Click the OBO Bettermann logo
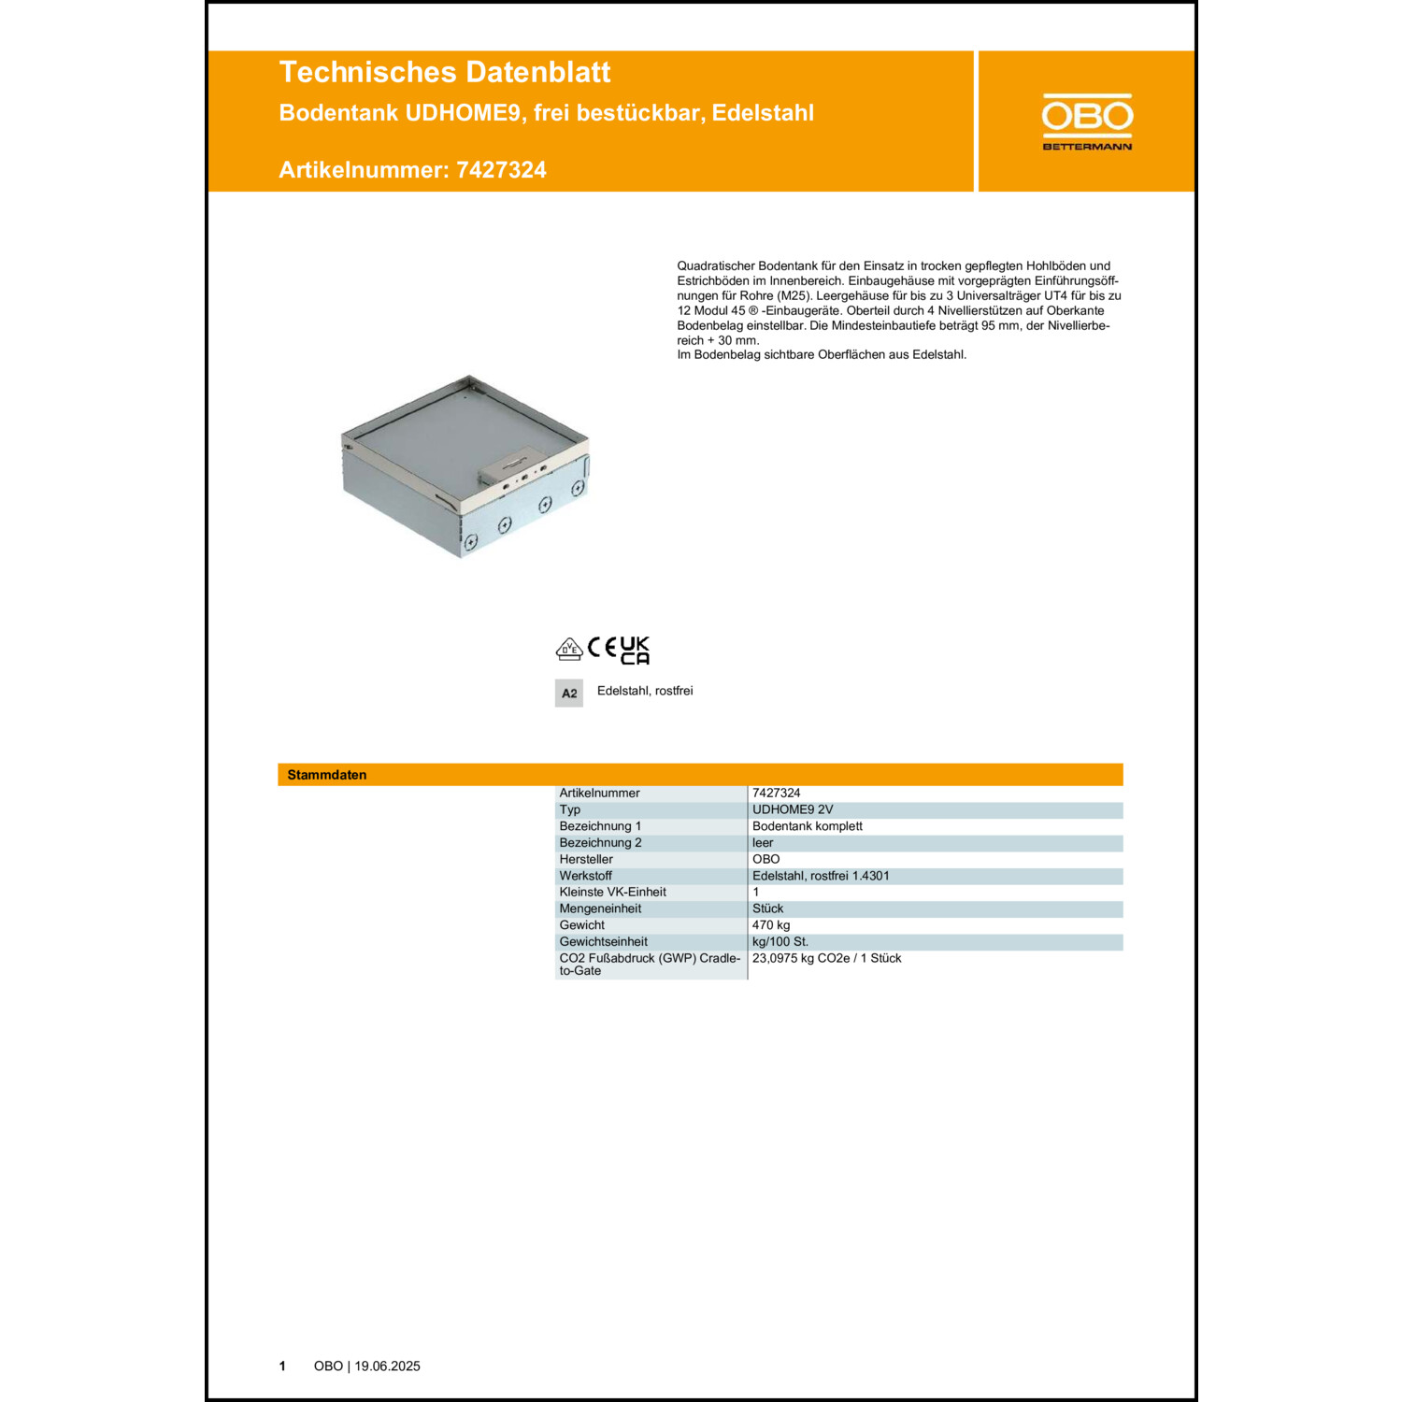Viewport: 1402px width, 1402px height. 1087,122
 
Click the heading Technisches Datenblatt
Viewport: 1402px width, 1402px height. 445,72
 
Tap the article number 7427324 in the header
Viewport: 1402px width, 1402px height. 501,170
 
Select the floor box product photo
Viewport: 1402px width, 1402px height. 465,466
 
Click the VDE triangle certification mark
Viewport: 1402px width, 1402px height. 569,649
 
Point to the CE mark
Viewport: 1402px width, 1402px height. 603,647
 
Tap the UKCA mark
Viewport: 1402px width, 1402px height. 635,651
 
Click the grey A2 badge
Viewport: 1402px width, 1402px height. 569,694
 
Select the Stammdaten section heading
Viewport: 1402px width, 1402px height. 327,775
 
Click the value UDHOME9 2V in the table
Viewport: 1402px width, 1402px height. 793,809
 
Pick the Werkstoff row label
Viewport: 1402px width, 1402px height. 585,876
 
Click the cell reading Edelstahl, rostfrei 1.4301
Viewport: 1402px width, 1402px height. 821,876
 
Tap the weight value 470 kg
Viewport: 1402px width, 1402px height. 771,925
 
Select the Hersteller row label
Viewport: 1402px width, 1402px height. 586,859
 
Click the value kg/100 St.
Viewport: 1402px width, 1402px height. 780,941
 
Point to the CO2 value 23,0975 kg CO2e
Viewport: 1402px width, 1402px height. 826,958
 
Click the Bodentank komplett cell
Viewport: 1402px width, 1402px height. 808,826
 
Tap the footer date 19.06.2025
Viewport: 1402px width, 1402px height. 387,1366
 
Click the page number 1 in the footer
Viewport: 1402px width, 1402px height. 282,1366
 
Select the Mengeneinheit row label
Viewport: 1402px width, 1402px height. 600,908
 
